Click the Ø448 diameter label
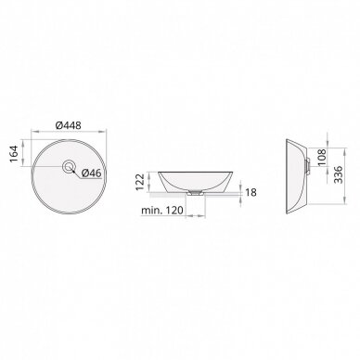click(69, 125)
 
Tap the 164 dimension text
click(14, 153)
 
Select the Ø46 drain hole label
click(92, 174)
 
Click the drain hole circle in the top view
click(68, 167)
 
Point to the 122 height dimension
click(140, 182)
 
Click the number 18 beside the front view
click(251, 193)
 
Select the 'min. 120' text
click(162, 211)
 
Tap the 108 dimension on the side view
click(321, 158)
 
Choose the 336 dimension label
click(339, 174)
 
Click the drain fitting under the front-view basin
click(195, 193)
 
